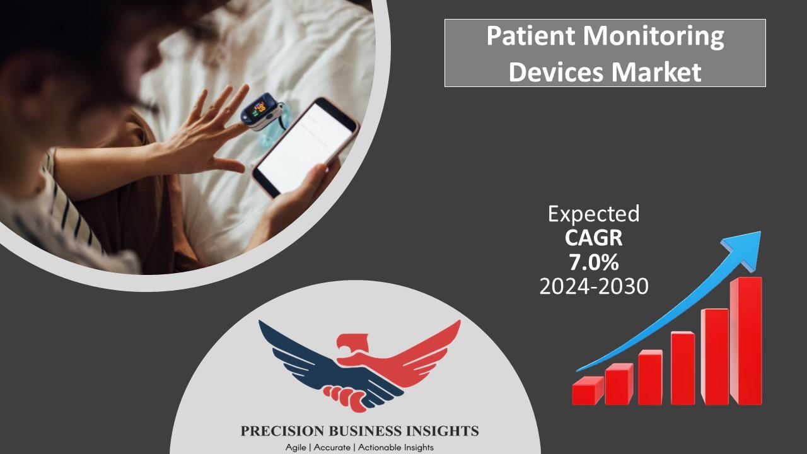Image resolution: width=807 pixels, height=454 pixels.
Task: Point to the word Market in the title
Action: point(656,72)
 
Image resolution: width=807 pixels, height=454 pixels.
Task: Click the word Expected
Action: point(594,214)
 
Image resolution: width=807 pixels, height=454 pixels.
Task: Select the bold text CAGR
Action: point(594,238)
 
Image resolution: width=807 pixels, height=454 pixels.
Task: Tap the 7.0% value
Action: point(594,262)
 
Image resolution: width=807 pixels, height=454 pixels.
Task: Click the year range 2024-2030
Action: point(594,287)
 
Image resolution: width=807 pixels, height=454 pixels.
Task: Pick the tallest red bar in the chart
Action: point(746,341)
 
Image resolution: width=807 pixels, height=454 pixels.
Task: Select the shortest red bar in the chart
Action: point(588,390)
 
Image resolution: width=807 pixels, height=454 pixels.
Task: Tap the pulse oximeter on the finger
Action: point(262,112)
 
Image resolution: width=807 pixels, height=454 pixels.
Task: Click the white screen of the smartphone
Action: point(305,148)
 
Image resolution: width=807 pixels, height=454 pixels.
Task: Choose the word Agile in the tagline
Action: point(296,448)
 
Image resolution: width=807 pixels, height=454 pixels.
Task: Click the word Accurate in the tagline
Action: point(332,448)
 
